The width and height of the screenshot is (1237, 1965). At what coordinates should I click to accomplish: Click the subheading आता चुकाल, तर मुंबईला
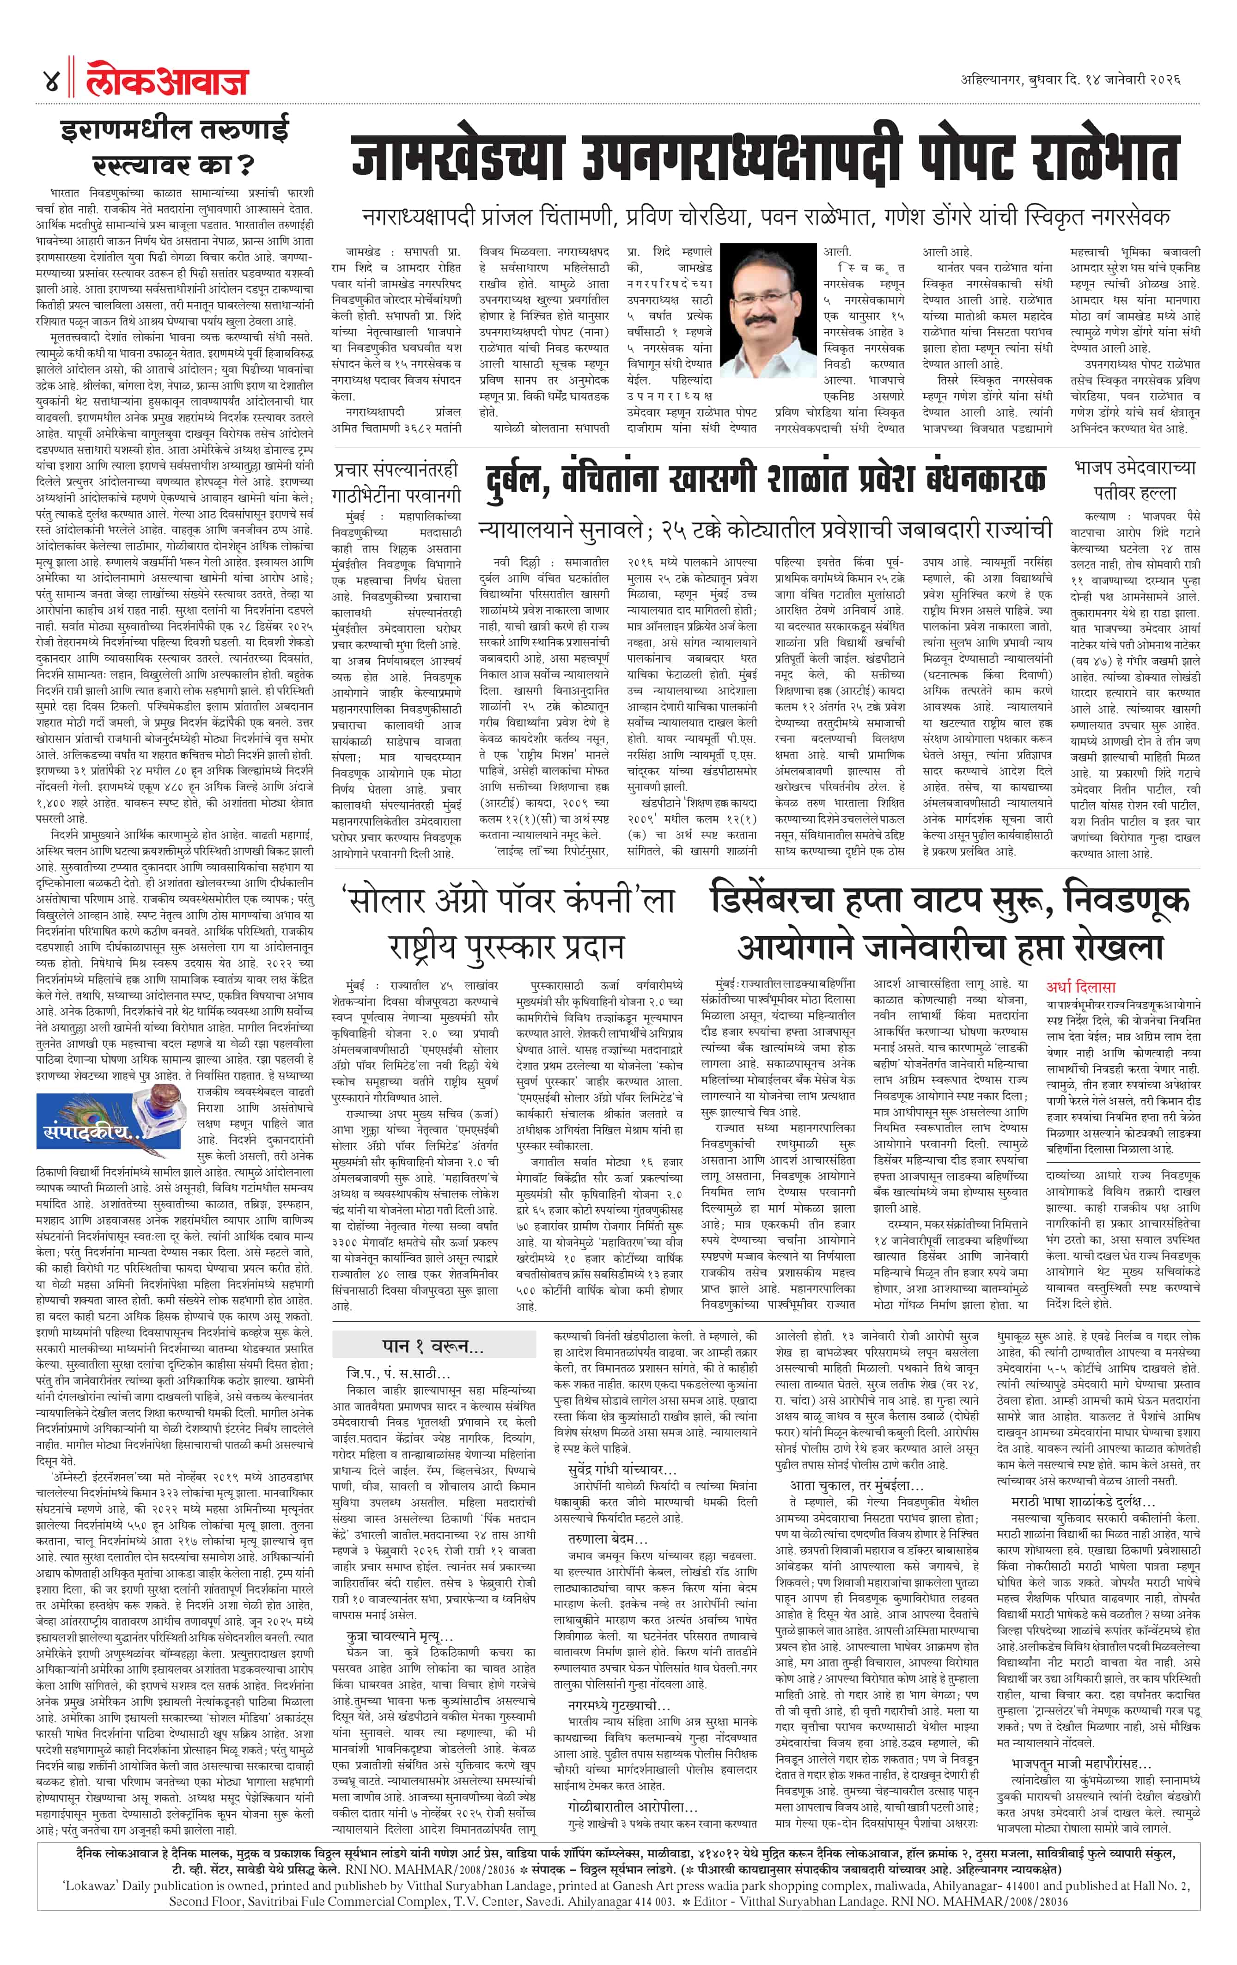[x=856, y=1485]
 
